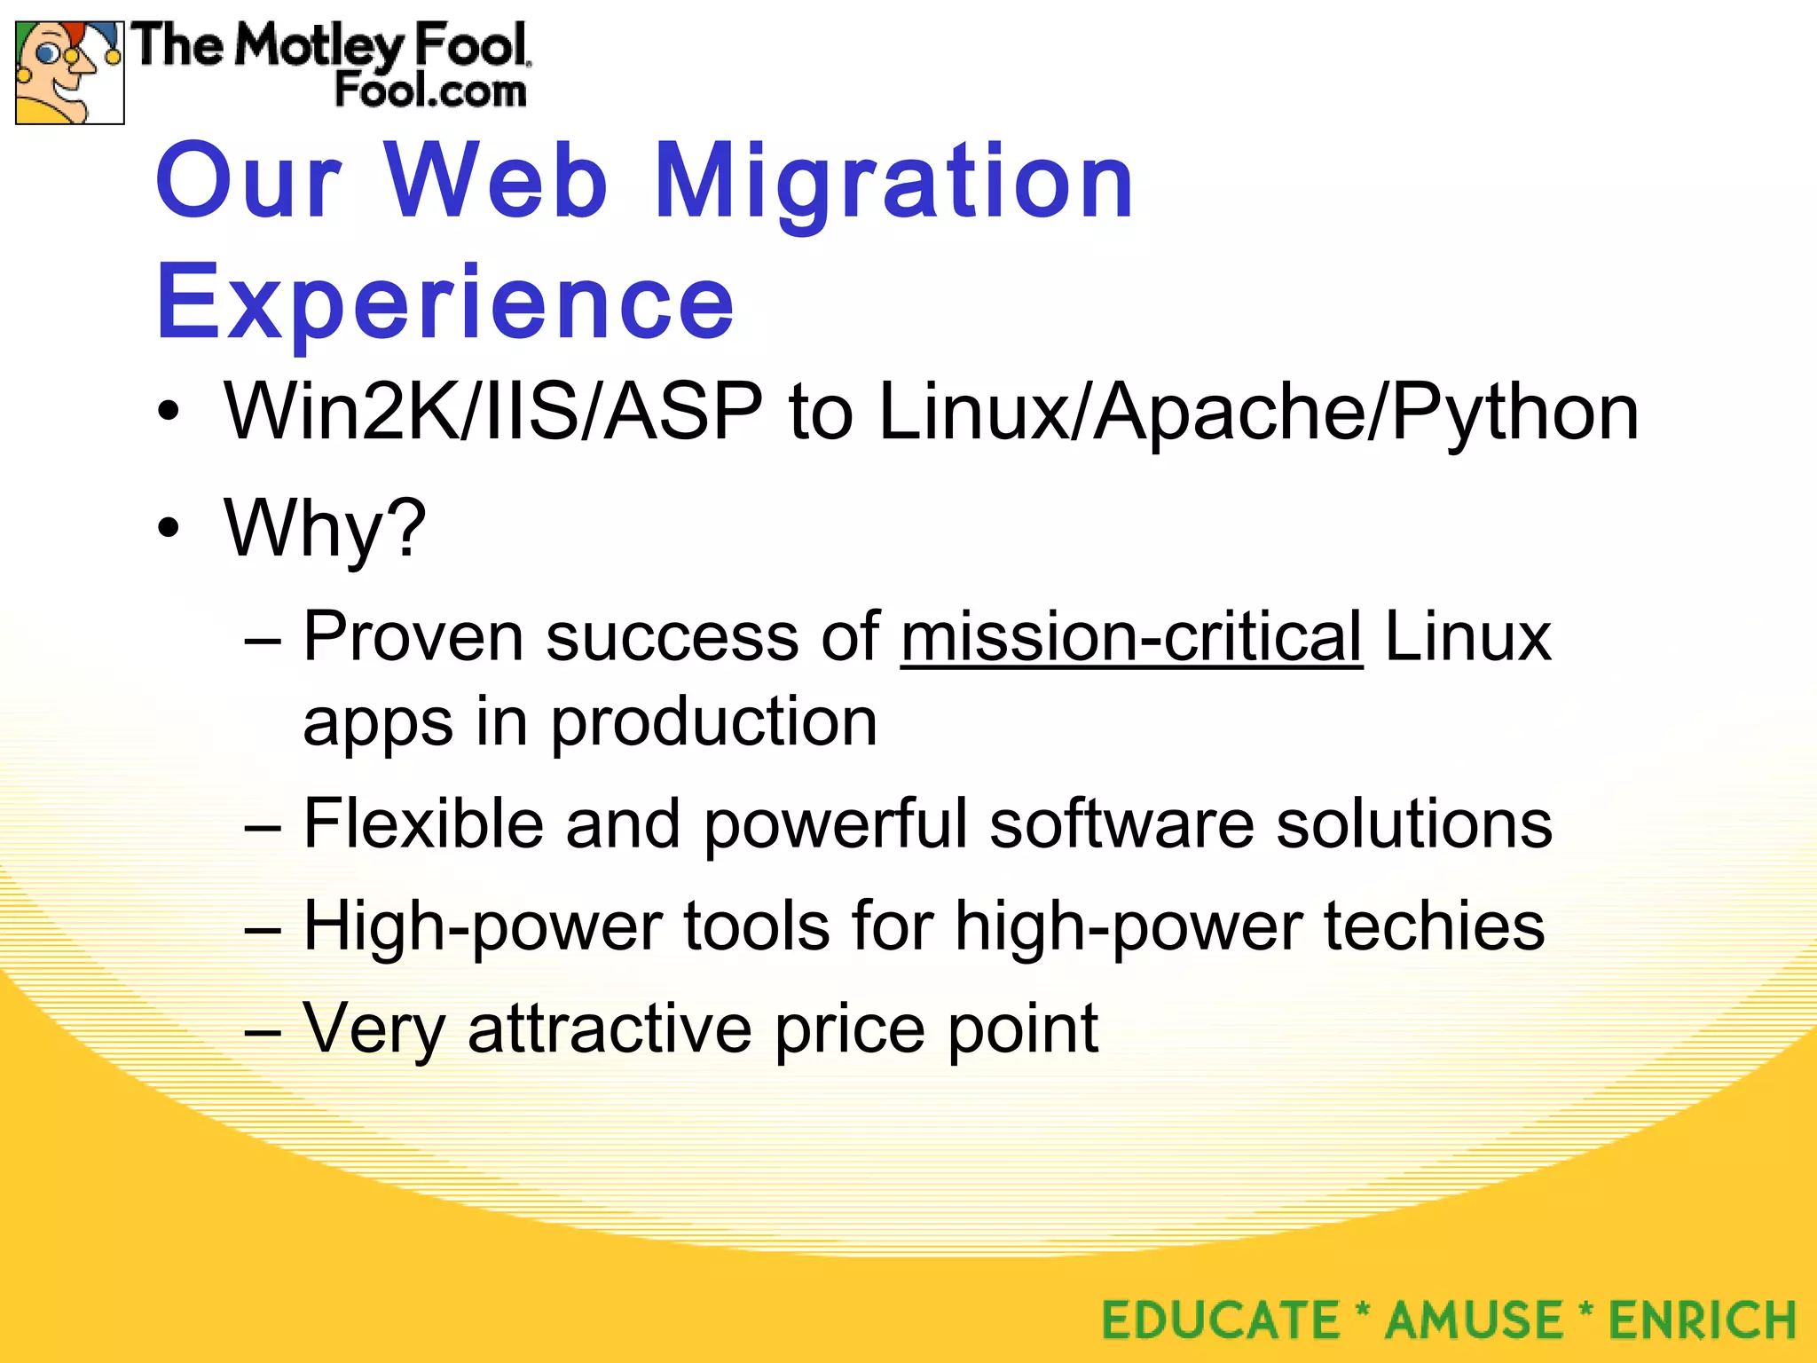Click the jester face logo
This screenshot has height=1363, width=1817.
69,73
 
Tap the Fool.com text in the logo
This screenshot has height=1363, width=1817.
430,91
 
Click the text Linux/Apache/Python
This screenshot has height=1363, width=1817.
1259,413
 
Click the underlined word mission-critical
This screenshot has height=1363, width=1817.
1131,637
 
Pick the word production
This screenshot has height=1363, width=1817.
713,722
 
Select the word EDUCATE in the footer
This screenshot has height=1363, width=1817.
1221,1320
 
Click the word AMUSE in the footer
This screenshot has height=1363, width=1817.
1474,1320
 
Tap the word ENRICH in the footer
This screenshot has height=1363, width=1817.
1703,1320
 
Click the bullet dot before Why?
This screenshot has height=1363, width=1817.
168,529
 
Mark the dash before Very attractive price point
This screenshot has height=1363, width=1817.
263,1032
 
